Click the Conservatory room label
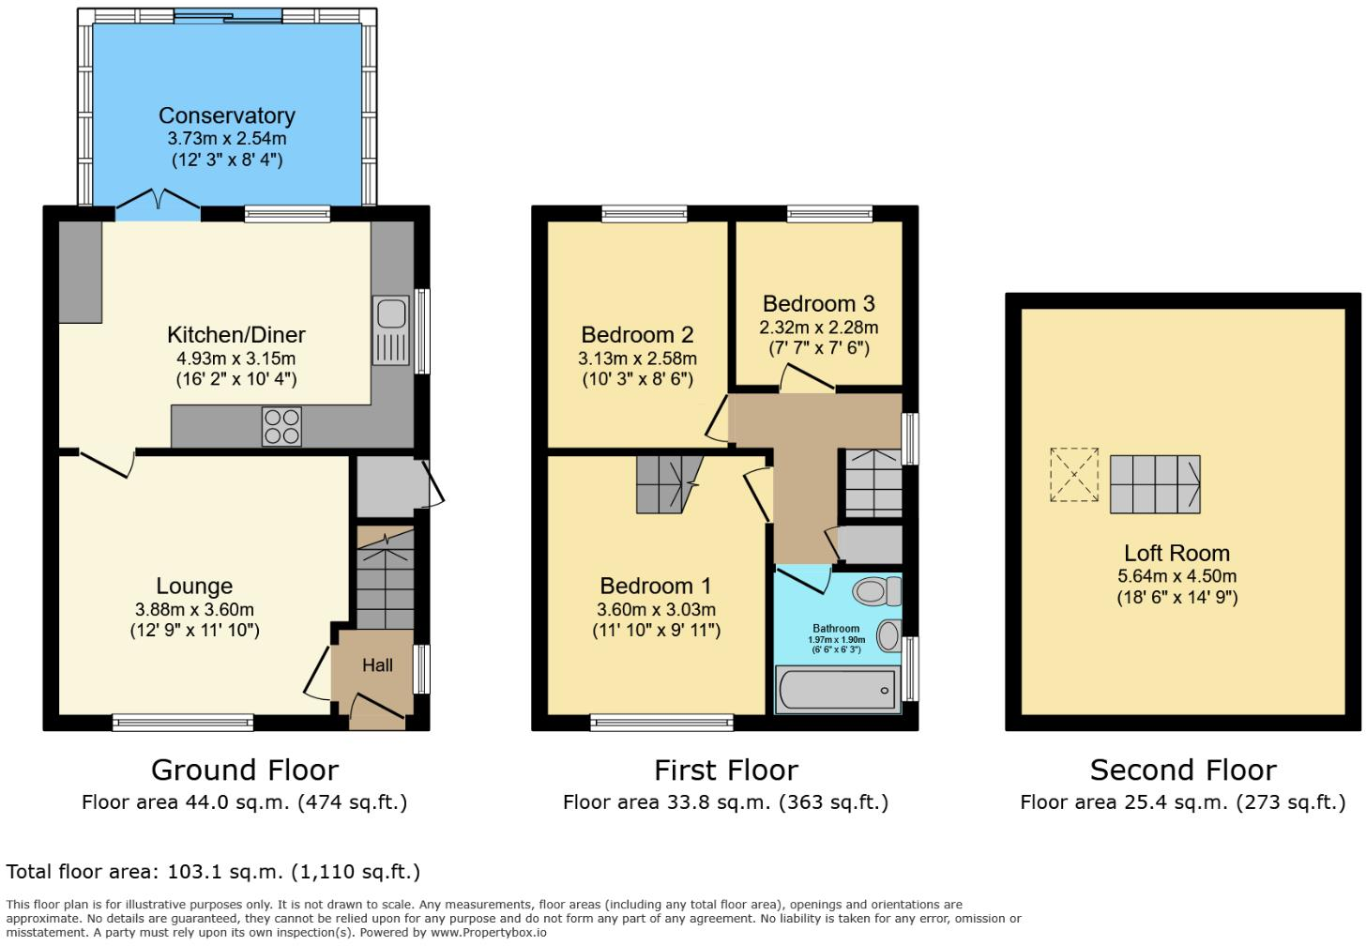[x=226, y=115]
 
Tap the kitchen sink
[x=391, y=329]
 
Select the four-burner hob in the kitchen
[x=281, y=426]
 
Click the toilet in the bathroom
[x=876, y=591]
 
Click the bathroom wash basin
[x=888, y=636]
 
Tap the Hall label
[x=377, y=664]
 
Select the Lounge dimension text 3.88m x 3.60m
[x=194, y=609]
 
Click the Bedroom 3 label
[x=818, y=303]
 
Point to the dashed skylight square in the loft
[x=1074, y=475]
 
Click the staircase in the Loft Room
[x=1155, y=484]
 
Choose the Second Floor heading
[x=1182, y=770]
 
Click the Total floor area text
[x=213, y=872]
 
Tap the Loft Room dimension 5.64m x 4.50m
[x=1176, y=576]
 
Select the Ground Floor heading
[x=244, y=770]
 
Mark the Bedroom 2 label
[x=637, y=334]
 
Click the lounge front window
[x=183, y=722]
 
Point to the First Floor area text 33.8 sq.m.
[x=725, y=802]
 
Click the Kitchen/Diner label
[x=235, y=334]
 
